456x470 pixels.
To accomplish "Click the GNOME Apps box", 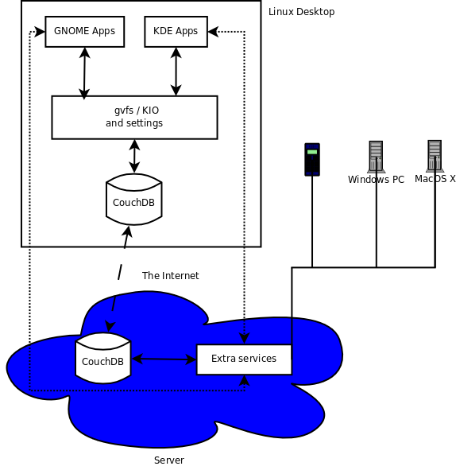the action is click(x=85, y=32).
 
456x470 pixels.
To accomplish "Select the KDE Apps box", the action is click(x=176, y=32).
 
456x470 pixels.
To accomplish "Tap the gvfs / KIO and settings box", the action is click(x=134, y=117).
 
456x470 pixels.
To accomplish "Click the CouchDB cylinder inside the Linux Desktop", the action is click(x=134, y=200).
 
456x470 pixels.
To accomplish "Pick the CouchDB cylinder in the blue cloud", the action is click(x=103, y=358).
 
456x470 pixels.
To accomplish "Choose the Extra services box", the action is click(x=244, y=359).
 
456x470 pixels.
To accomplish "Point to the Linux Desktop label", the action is click(x=301, y=12).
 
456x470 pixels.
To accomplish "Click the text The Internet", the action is click(x=170, y=276).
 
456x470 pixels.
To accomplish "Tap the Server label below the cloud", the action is click(x=169, y=460).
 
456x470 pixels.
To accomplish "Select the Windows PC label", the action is click(x=376, y=180).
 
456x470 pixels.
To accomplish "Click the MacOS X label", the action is click(x=435, y=179).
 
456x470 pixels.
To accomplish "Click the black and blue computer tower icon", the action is click(x=312, y=160).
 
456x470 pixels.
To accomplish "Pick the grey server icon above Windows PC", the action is click(x=376, y=157).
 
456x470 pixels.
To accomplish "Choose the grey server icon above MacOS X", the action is click(x=435, y=156).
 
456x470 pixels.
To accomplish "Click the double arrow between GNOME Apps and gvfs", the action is click(x=84, y=73).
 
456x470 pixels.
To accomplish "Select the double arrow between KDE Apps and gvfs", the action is click(x=176, y=72).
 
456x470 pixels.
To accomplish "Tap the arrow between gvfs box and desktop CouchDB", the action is click(x=134, y=156).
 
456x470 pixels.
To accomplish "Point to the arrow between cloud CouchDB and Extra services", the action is click(x=164, y=359).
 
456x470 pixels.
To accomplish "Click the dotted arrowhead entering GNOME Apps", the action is click(x=40, y=32).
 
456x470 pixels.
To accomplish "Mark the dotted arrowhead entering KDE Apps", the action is click(x=213, y=32).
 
